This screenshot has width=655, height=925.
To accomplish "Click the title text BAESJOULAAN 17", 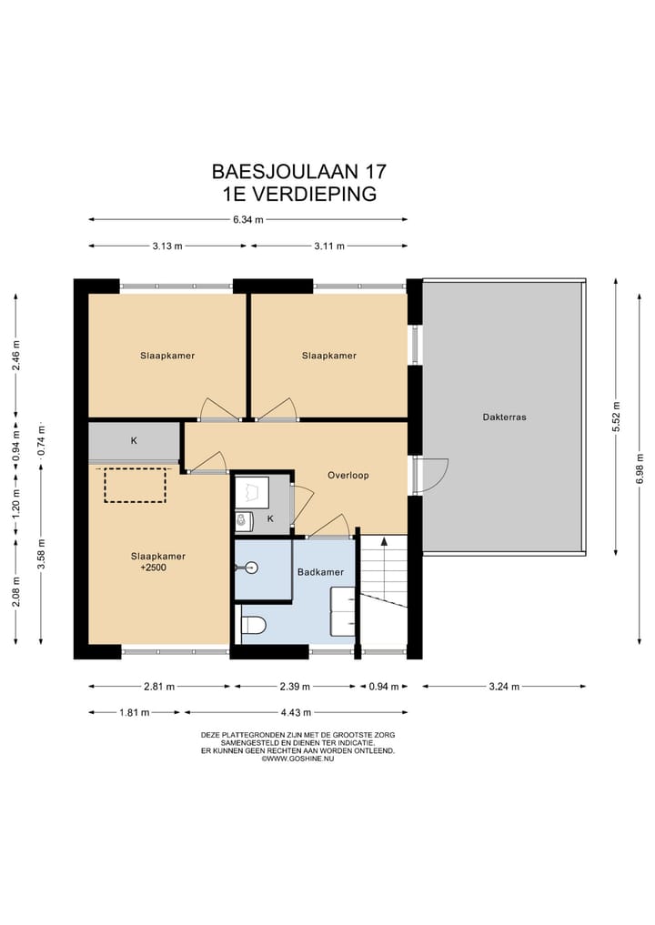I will (299, 171).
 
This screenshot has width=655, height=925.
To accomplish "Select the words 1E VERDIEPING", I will (299, 193).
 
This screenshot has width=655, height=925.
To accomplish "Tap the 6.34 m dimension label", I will (247, 219).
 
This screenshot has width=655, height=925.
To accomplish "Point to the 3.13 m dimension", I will (169, 246).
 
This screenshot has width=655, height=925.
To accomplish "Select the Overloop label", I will (348, 475).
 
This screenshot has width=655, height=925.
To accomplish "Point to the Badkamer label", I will (320, 572).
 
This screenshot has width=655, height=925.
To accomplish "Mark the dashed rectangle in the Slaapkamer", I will (136, 485).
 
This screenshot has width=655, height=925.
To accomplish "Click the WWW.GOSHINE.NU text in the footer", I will (299, 759).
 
